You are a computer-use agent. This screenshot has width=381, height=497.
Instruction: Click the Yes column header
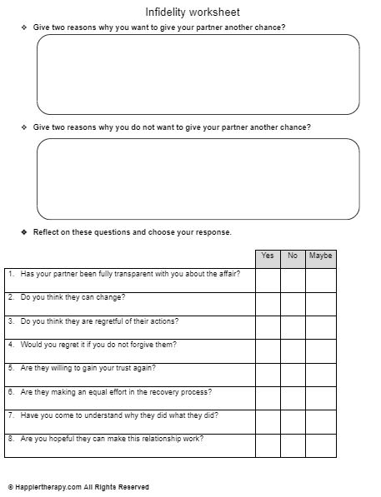tap(268, 256)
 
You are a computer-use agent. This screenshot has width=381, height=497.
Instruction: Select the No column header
tap(293, 256)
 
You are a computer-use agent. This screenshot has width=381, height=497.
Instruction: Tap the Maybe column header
tap(321, 256)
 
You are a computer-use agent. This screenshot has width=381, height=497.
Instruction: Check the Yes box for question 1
tap(268, 281)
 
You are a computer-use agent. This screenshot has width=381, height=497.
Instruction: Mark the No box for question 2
tap(293, 304)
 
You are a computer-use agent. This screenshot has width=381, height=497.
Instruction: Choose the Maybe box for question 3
tap(321, 327)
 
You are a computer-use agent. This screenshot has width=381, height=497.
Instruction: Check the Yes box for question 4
tap(268, 350)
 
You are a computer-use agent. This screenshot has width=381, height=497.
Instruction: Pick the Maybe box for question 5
tap(321, 375)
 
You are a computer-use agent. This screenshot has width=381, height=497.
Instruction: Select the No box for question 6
tap(293, 398)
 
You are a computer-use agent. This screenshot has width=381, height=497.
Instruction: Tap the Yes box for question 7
tap(268, 421)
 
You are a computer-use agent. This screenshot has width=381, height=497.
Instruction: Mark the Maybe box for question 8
tap(321, 445)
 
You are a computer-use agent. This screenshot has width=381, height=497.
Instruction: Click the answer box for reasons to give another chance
tap(198, 74)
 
